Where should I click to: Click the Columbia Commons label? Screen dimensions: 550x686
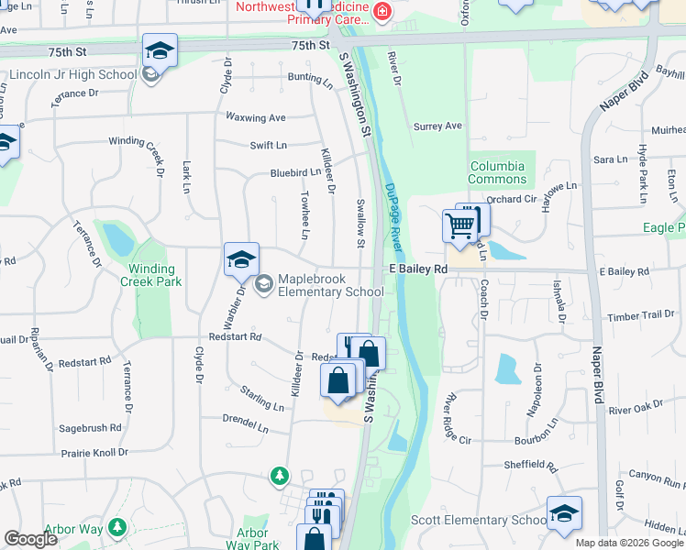coord(497,172)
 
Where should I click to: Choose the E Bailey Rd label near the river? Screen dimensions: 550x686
coord(416,269)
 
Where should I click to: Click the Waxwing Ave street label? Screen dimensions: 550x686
coord(257,117)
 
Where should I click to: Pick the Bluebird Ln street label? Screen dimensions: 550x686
coord(295,172)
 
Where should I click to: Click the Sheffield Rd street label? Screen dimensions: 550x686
coord(530,466)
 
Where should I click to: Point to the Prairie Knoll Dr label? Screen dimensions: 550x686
coord(98,452)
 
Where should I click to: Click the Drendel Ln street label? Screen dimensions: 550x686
coord(245,426)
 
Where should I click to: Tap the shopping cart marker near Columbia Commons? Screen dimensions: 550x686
coord(459,225)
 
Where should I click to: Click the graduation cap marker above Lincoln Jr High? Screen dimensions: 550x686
coord(160,51)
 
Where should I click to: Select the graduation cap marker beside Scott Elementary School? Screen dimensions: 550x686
coord(564,514)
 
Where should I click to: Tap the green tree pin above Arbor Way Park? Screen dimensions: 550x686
coord(280,476)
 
